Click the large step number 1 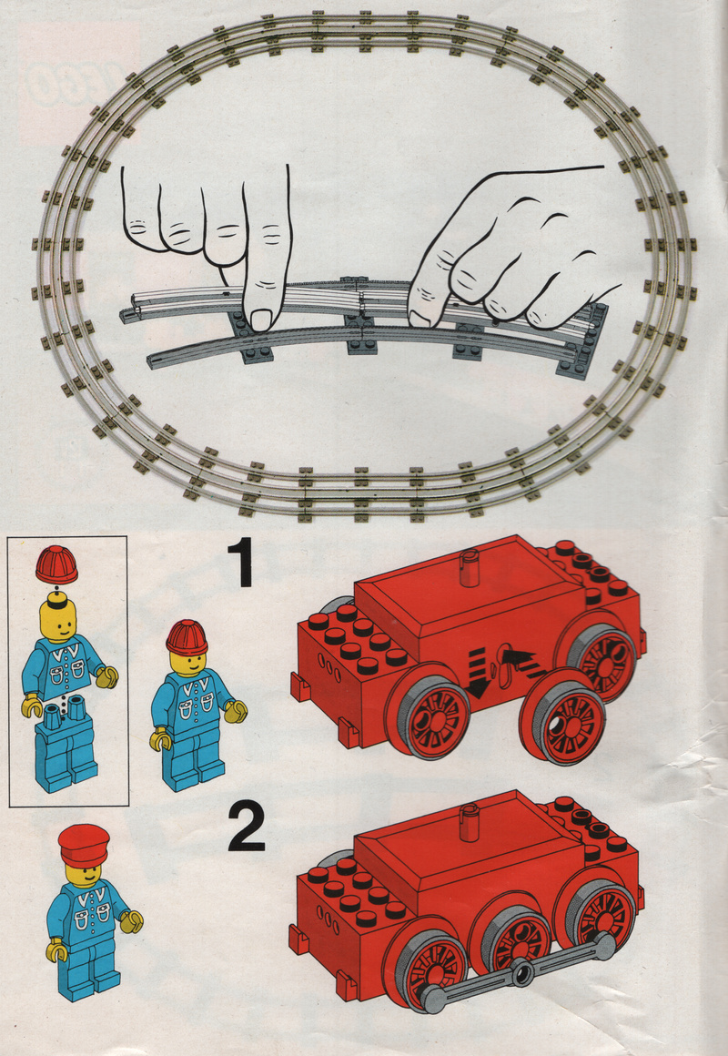[x=241, y=563]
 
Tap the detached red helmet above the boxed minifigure [x=56, y=564]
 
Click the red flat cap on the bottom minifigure [x=84, y=845]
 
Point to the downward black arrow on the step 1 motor [x=480, y=675]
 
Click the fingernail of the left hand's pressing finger [x=260, y=318]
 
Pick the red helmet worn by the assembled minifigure [x=187, y=638]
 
